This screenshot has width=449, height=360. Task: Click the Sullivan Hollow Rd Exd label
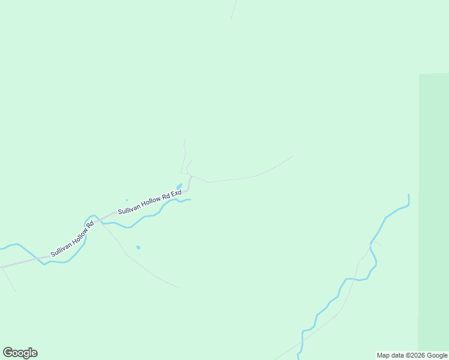click(x=149, y=202)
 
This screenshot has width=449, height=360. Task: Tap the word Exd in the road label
click(x=175, y=194)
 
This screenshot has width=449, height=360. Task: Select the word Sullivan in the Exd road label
click(x=129, y=209)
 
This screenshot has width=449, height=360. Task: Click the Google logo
click(x=20, y=353)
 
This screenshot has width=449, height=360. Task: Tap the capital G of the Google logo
click(x=7, y=352)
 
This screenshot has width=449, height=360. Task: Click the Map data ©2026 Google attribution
click(x=412, y=355)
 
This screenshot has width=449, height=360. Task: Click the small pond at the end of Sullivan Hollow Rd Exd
click(x=179, y=185)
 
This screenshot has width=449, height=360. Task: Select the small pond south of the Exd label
click(x=138, y=247)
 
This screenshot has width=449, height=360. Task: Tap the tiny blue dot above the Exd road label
click(x=127, y=200)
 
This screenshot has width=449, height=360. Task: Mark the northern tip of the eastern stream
click(x=409, y=195)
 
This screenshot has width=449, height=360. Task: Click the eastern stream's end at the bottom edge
click(x=298, y=357)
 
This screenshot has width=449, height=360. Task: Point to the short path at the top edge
click(x=234, y=9)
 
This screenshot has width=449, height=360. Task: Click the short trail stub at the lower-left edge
click(x=8, y=279)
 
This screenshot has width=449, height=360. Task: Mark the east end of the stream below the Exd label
click(x=190, y=199)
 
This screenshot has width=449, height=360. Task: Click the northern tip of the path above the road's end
click(x=184, y=140)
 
